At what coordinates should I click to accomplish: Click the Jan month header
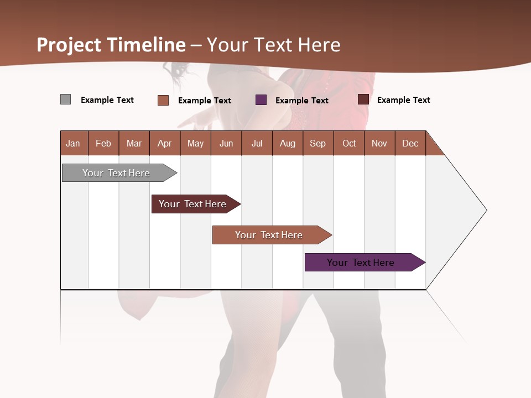74,143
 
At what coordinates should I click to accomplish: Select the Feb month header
103,143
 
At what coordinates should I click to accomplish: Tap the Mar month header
134,143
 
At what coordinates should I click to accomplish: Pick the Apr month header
165,143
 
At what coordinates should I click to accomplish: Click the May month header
195,143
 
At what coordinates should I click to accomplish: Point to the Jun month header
226,143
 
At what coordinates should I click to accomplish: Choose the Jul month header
257,143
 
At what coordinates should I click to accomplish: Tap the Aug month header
288,143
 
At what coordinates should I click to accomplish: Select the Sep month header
318,143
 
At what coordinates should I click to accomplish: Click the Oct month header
349,143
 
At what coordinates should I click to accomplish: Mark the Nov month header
379,143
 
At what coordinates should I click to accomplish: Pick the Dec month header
410,143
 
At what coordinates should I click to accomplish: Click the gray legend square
66,99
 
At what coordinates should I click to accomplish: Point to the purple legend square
261,100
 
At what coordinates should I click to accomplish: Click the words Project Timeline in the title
111,45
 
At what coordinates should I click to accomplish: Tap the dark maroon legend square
363,99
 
